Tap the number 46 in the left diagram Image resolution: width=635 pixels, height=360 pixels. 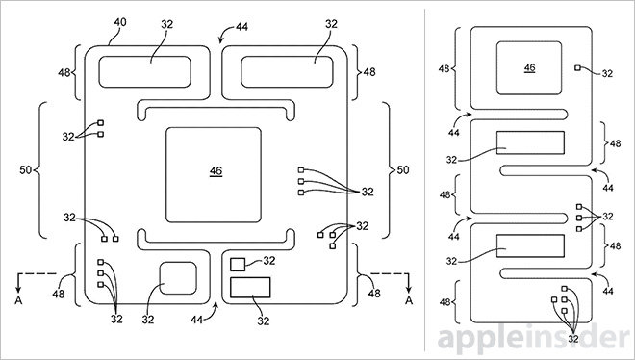click(x=216, y=170)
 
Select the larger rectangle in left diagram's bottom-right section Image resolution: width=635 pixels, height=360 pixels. click(x=251, y=287)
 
